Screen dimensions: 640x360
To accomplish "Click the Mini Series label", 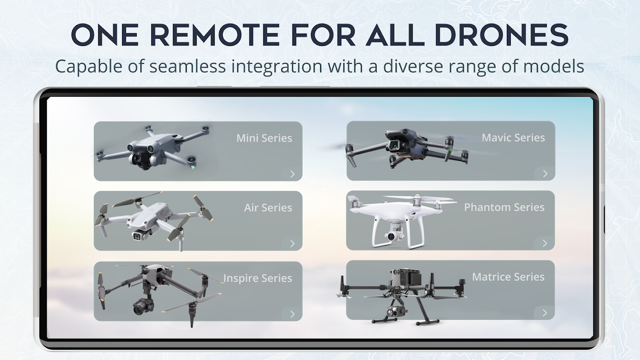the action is [264, 138].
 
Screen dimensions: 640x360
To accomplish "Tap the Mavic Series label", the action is [513, 138].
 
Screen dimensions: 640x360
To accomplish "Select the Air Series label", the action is [268, 208].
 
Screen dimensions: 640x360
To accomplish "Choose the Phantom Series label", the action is [504, 207].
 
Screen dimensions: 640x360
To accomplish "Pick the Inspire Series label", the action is [258, 278].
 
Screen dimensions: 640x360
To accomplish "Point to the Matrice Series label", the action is [508, 277].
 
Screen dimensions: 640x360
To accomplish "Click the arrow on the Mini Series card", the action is [292, 174].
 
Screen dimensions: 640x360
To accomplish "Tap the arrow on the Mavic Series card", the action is [545, 173].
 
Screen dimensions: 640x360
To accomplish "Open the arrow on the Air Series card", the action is [292, 244].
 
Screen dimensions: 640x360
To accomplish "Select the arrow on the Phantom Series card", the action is [545, 243].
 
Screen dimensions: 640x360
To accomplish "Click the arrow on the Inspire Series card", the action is [292, 314].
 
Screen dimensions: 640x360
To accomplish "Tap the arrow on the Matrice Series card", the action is [545, 313].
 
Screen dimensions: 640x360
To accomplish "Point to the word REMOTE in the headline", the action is [215, 35].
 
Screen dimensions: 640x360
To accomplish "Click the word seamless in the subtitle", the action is [187, 66].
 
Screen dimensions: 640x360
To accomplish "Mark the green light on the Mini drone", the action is [193, 167].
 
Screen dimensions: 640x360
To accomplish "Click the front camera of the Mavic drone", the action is [396, 146].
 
